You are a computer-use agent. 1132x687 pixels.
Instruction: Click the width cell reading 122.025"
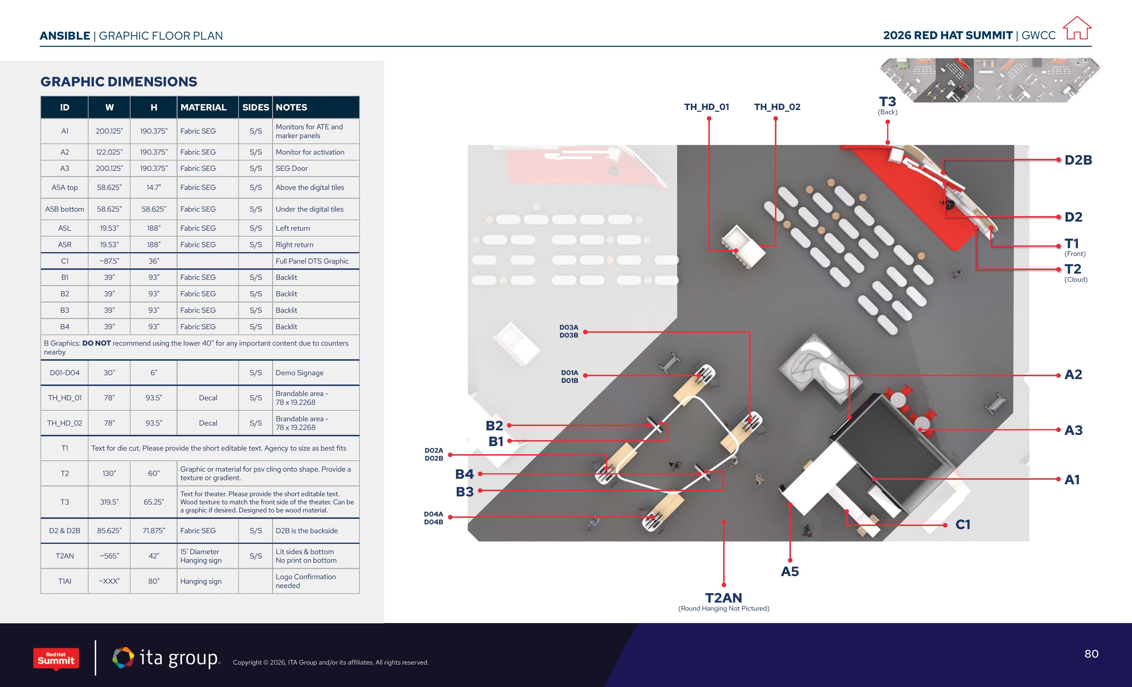109,152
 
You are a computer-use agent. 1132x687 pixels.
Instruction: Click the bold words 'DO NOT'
96,343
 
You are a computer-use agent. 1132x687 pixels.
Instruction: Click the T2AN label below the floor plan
724,598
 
